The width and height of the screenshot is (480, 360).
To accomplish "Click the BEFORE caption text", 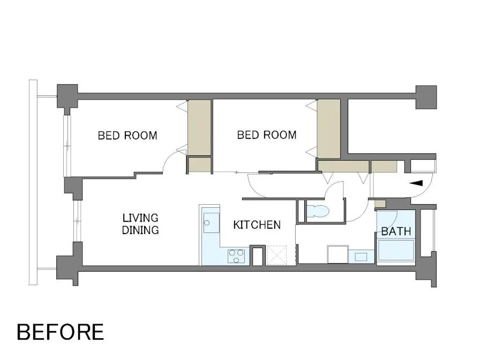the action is [x=61, y=332].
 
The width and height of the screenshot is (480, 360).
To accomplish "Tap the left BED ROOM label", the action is [x=127, y=136].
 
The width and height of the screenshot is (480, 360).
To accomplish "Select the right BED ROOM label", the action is [x=267, y=134].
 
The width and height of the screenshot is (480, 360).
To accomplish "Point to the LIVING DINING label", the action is [x=140, y=224].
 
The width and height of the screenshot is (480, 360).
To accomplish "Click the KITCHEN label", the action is [x=257, y=225].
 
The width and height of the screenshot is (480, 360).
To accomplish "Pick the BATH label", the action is [x=396, y=231].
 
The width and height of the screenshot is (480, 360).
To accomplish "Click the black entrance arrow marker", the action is [x=416, y=183].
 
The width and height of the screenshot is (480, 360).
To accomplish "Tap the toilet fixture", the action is [x=318, y=211].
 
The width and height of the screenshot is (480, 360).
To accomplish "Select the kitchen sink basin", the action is [x=211, y=223].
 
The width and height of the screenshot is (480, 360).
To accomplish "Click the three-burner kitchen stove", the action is [x=236, y=256].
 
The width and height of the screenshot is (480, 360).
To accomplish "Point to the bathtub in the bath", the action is [x=396, y=250].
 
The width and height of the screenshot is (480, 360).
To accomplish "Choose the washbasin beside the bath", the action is [x=361, y=257].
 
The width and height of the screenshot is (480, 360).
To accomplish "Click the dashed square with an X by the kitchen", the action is [x=277, y=254].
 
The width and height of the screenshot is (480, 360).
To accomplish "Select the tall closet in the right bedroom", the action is [x=329, y=129].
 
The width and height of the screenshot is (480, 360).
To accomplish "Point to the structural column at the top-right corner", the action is [x=426, y=97].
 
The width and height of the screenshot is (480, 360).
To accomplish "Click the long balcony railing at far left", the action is [x=33, y=183].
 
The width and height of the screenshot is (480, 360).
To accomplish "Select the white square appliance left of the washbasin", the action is [x=337, y=254].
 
